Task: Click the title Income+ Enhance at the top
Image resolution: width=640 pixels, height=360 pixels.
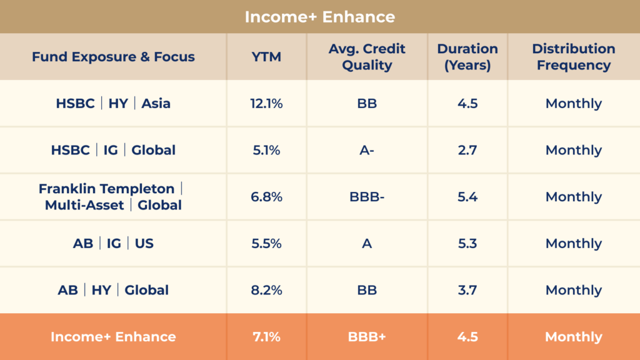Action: click(319, 16)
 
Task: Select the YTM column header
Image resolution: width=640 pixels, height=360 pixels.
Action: click(266, 57)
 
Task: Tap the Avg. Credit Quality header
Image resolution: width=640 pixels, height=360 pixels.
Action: click(367, 57)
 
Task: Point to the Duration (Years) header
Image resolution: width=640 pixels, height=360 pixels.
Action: click(467, 57)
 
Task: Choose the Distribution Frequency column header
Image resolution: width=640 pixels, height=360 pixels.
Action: click(573, 57)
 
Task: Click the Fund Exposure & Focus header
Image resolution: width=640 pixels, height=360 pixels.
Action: click(113, 57)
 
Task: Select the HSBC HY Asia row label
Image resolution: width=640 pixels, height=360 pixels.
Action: click(113, 104)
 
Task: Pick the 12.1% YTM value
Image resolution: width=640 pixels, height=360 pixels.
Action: click(266, 104)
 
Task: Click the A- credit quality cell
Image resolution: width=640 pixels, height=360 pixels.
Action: click(367, 150)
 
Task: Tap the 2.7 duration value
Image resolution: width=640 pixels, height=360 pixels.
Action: click(467, 150)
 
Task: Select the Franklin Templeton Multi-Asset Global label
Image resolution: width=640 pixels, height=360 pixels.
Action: click(113, 197)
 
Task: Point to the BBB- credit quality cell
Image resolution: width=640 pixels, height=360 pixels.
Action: click(367, 197)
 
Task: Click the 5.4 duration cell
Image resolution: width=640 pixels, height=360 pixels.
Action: click(467, 197)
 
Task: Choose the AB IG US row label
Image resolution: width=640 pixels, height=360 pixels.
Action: click(113, 244)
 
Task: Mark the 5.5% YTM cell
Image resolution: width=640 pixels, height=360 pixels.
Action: click(266, 244)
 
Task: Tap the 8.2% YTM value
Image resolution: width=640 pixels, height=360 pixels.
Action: click(266, 290)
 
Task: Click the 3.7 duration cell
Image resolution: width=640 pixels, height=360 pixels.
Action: click(467, 290)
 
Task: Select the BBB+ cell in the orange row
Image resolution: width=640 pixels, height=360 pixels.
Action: click(367, 337)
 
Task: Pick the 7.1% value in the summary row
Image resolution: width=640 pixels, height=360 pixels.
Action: click(266, 337)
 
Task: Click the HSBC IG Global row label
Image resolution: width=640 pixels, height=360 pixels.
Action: click(113, 150)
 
